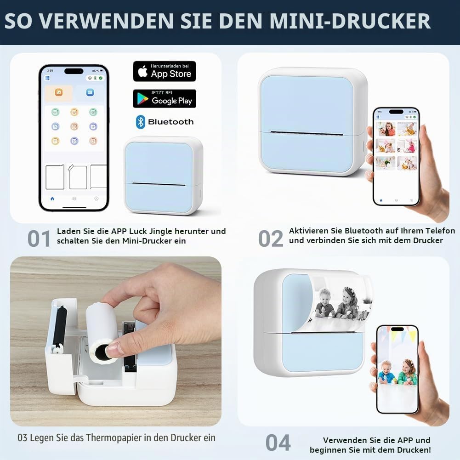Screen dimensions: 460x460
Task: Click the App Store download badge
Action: [165, 71]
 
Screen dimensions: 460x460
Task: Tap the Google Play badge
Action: [165, 98]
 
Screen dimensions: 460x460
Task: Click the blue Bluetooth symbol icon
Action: [141, 122]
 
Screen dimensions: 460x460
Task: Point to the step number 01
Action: [39, 239]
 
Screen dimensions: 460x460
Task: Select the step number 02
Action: [271, 239]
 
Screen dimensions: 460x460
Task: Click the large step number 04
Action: [278, 443]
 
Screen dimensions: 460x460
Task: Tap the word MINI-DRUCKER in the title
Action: [350, 21]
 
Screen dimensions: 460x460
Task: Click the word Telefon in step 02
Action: [440, 231]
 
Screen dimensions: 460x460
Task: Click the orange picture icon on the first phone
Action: [59, 92]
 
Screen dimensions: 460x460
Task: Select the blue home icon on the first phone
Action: [52, 199]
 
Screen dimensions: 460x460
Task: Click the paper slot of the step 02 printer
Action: [307, 134]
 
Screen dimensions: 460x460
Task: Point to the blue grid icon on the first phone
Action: [90, 92]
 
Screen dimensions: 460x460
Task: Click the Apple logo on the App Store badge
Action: [143, 71]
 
